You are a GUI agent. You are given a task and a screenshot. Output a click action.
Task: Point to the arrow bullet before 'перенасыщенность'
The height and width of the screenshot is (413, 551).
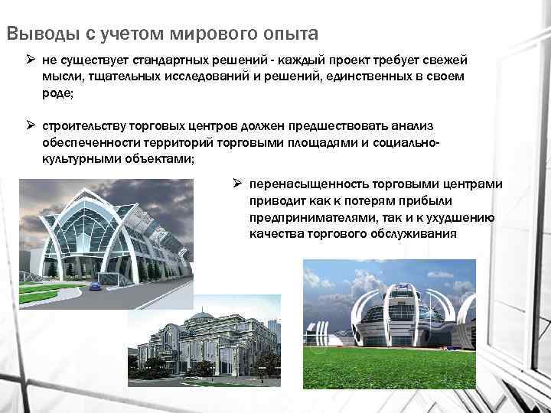[237, 184]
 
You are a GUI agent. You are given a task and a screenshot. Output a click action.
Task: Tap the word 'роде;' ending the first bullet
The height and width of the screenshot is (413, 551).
[57, 95]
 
